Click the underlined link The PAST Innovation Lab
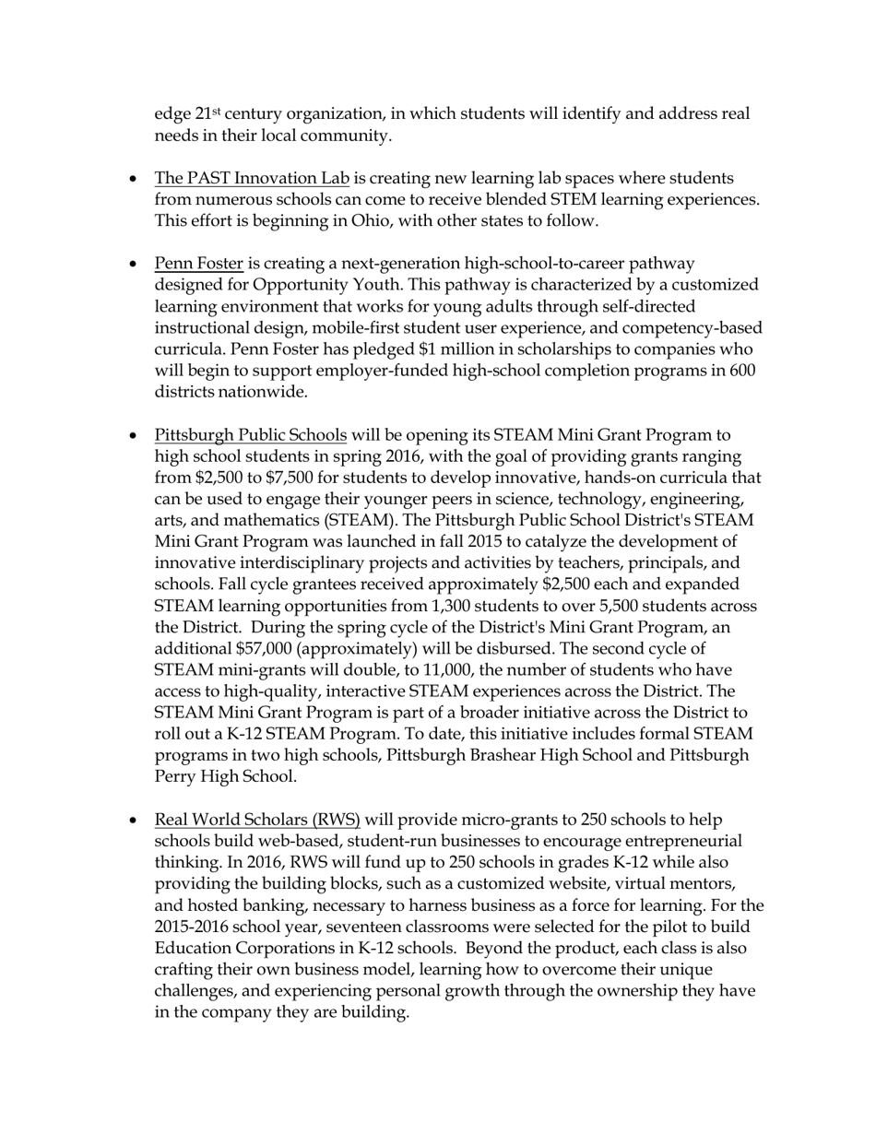coord(252,178)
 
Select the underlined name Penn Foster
coord(198,264)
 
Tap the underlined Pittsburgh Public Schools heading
coord(251,435)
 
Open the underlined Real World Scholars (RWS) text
coord(257,821)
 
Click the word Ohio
coord(372,221)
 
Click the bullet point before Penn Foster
coord(135,265)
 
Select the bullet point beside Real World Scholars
coord(135,821)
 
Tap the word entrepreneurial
coord(684,842)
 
